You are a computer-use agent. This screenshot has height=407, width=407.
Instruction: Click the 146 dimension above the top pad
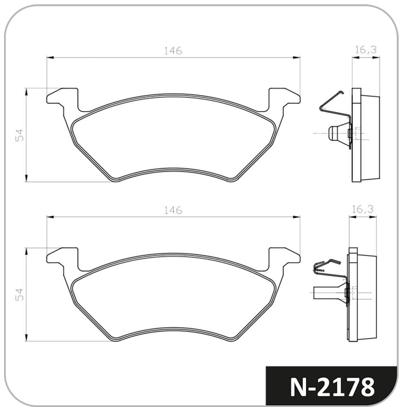(x=173, y=51)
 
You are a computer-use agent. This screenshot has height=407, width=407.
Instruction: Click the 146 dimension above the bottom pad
(x=173, y=210)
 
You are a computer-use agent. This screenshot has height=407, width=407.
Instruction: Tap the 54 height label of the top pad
(x=20, y=135)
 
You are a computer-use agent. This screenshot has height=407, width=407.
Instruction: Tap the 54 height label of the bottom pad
(x=20, y=295)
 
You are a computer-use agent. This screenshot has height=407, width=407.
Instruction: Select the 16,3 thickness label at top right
(x=366, y=49)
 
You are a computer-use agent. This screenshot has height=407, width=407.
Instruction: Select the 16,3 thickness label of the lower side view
(x=363, y=209)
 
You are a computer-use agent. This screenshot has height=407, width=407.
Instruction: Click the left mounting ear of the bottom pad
(x=62, y=258)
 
